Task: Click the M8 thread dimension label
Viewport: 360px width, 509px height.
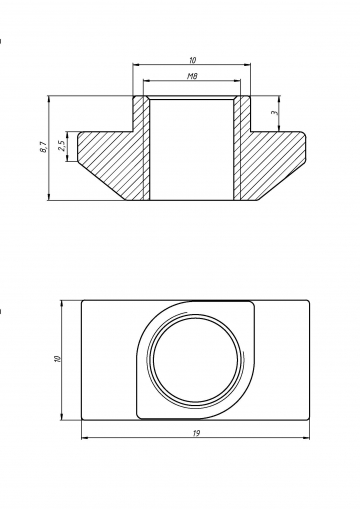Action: [192, 76]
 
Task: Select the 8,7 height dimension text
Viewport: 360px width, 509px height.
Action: [43, 147]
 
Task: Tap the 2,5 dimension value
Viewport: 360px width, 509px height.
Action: [62, 146]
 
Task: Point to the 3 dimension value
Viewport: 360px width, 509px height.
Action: [275, 113]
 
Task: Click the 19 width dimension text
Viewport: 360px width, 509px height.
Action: [196, 433]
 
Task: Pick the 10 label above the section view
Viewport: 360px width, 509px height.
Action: [192, 60]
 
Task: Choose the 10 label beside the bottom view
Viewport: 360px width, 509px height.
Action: [58, 359]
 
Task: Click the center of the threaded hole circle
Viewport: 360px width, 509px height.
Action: [196, 360]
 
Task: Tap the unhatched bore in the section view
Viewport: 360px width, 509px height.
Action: [191, 149]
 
